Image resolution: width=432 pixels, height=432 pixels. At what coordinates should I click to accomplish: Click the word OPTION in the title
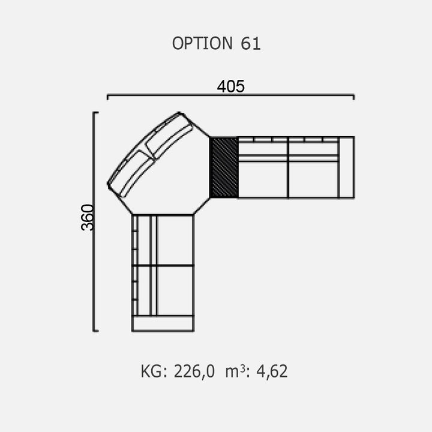click(203, 43)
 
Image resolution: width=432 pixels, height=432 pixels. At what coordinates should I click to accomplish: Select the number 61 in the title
click(250, 43)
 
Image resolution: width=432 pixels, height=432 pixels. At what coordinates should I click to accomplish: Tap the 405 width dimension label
click(230, 86)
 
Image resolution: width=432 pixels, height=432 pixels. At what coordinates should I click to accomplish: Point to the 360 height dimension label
click(88, 217)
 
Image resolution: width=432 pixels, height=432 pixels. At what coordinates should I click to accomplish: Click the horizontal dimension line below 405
click(230, 95)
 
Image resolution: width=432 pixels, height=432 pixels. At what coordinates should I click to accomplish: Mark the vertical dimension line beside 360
click(94, 221)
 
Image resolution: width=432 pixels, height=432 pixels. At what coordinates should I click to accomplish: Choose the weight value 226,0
click(194, 371)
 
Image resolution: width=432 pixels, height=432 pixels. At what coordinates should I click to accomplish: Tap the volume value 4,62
click(272, 371)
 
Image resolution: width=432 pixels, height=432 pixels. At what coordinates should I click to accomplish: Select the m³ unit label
click(236, 371)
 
